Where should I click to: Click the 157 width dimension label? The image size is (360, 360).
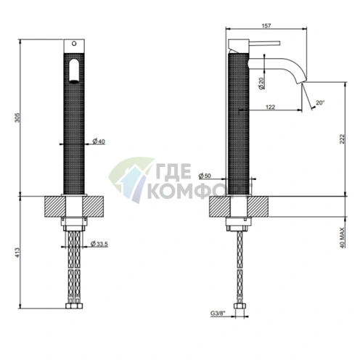266,25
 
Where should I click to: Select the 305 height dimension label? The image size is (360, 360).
17,118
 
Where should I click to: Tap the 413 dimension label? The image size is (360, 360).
17,253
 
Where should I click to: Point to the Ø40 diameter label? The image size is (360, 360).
99,142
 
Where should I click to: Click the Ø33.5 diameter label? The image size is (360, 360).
99,244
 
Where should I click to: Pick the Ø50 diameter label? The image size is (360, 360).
205,176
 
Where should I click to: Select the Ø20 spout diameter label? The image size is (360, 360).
261,83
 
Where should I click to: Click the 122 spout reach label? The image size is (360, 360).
270,107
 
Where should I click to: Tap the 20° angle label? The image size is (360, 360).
320,102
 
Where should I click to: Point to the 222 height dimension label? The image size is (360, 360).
342,139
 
